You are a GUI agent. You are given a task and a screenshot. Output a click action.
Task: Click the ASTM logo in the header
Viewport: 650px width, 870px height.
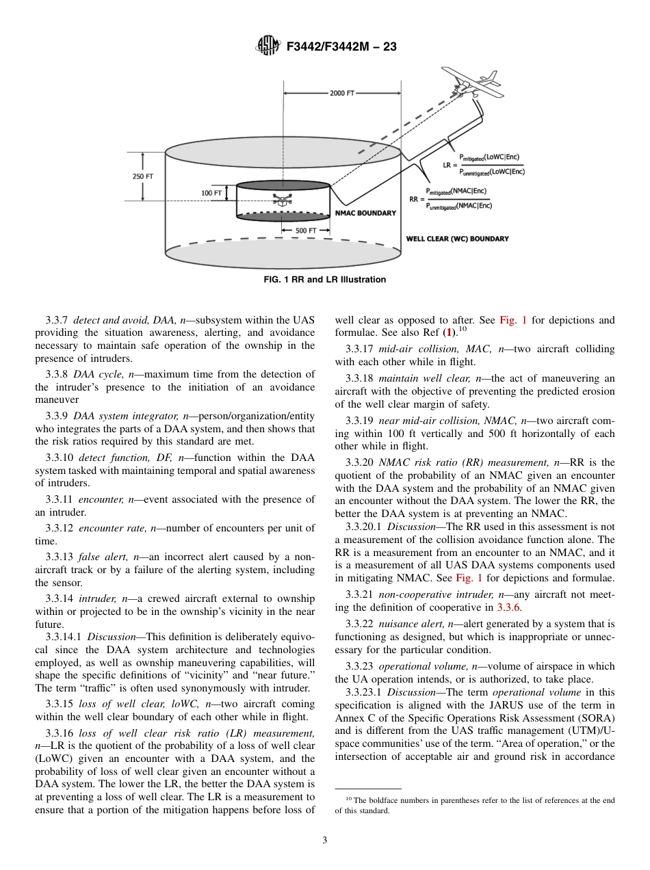click(268, 46)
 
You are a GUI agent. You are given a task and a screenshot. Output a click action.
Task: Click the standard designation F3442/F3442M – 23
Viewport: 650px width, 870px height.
click(341, 47)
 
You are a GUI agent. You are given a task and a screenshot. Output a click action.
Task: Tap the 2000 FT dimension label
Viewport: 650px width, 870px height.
click(342, 93)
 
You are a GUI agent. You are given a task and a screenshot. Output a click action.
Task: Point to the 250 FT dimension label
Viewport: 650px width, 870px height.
click(142, 176)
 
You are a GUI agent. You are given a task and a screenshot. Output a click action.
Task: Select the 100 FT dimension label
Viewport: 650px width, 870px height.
click(211, 194)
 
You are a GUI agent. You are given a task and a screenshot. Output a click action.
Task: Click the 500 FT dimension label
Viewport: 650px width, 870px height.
click(305, 231)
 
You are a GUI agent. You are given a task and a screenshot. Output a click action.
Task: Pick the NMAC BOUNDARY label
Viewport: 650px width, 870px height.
click(365, 213)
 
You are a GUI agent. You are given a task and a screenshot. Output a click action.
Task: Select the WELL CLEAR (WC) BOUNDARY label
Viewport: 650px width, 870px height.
click(457, 239)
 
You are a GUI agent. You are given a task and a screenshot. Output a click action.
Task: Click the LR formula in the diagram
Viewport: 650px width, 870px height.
click(482, 164)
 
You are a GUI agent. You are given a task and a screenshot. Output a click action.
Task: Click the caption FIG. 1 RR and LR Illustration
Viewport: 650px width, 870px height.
click(325, 280)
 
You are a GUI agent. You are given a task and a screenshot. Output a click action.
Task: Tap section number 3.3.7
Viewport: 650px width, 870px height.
click(57, 320)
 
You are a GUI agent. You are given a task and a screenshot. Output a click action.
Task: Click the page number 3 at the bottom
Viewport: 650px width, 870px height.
click(324, 841)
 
